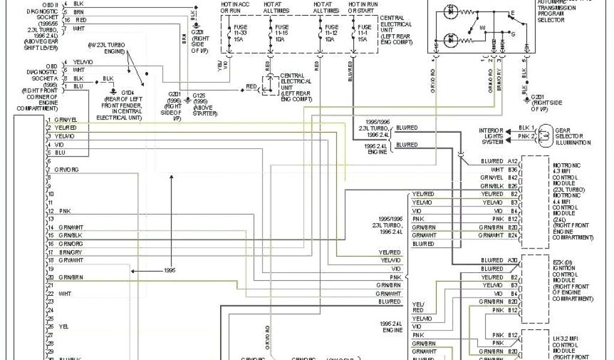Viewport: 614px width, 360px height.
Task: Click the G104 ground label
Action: (128, 92)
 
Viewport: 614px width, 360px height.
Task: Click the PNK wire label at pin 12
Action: (65, 212)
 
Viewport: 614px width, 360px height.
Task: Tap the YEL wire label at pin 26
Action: (64, 326)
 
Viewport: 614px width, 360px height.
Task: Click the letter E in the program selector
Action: (512, 12)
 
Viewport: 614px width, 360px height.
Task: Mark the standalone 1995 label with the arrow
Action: (170, 271)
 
